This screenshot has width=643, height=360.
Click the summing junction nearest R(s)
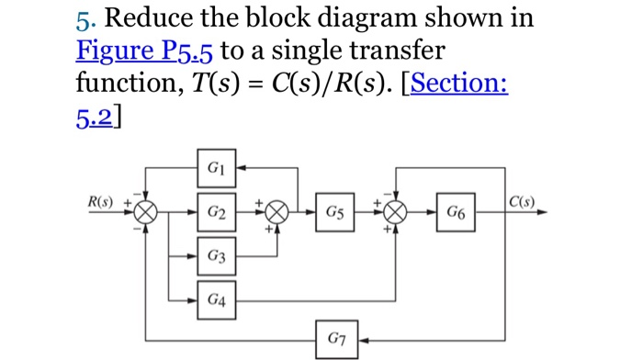tap(145, 213)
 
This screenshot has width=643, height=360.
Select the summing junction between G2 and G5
tap(276, 213)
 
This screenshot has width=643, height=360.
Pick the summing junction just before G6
tap(395, 213)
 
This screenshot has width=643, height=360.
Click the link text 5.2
tap(96, 116)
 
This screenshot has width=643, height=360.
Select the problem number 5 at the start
tap(81, 17)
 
